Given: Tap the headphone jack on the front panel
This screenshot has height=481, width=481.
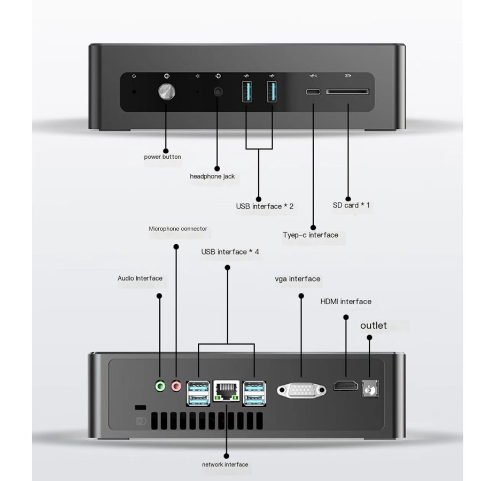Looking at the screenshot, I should pos(218,91).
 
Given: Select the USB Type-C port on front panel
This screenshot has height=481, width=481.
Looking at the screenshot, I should pos(313,91).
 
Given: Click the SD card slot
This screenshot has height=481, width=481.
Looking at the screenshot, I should pos(347,92).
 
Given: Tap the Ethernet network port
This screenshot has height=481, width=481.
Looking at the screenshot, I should pos(226,391).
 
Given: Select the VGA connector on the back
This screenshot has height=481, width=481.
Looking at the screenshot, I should pos(301,390).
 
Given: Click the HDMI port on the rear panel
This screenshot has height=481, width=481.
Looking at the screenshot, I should pos(345,385).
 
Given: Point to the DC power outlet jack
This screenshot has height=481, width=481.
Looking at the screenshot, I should pos(370,389).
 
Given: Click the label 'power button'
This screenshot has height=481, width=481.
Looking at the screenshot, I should pos(162,157).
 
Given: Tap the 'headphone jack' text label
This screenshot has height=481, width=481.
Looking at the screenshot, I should pos(212,176).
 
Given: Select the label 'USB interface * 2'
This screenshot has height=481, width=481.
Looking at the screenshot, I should pos(265,206).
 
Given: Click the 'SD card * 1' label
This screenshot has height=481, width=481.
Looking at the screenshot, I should pos(351,205).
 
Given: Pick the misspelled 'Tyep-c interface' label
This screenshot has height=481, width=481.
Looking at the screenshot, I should pos(310,235).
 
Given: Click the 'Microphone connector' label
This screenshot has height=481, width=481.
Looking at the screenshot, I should pos(178,229).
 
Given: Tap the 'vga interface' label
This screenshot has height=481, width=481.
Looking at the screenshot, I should pos(298,279).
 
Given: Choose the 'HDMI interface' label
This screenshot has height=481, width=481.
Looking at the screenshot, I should pos(346,301).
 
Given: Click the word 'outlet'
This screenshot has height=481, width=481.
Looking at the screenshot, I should pos(374,325).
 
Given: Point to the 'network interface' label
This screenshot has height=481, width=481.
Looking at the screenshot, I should pos(225,464).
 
